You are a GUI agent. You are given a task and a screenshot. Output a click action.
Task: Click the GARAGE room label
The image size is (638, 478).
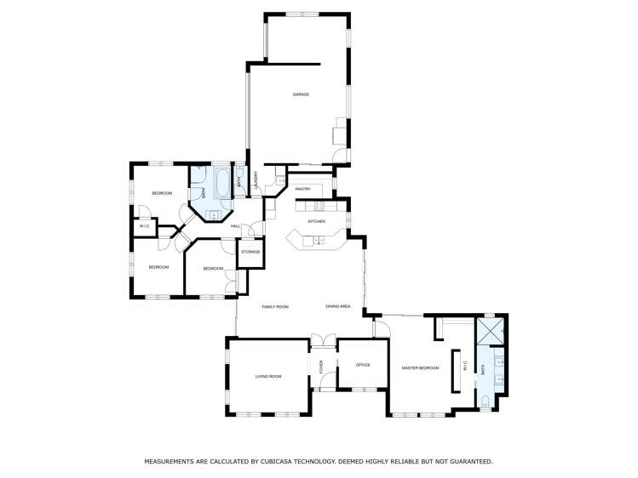(301, 94)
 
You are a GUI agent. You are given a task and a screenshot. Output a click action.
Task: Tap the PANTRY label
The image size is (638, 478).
(302, 189)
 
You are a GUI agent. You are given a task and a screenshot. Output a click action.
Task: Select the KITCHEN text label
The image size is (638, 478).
(317, 221)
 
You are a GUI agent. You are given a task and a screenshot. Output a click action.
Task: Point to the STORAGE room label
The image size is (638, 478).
(250, 252)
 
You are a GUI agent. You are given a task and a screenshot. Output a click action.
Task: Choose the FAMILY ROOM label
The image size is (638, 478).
(275, 306)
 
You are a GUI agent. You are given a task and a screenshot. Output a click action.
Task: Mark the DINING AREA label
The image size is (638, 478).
(338, 306)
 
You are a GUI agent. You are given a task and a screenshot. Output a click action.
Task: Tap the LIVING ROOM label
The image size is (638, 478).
(268, 376)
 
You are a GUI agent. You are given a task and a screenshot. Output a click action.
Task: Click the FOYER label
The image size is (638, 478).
(322, 367)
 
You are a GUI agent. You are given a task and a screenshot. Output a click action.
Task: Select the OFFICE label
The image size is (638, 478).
(363, 365)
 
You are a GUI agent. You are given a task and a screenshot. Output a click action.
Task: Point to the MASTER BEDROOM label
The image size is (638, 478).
(420, 368)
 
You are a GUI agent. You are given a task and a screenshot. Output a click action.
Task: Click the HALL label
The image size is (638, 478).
(234, 225)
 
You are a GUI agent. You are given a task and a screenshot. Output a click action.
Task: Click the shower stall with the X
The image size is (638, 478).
(490, 329)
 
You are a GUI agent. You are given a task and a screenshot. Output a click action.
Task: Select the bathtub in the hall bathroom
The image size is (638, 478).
(221, 182)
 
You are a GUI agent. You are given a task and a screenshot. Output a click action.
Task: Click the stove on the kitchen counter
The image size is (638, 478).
(320, 205)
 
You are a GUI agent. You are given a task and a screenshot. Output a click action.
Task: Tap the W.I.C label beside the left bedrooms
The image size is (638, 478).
(144, 226)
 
